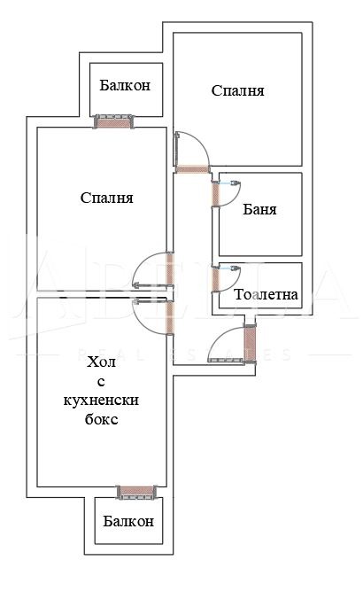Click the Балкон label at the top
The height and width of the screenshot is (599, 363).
[x=125, y=86]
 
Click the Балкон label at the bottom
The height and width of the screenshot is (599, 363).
[x=126, y=522]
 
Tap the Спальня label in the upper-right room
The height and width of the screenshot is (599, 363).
[x=238, y=90]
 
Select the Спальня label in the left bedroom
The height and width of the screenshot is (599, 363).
[x=105, y=198]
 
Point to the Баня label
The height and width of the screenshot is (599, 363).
[x=259, y=210]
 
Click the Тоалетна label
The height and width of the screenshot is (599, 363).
[x=266, y=294]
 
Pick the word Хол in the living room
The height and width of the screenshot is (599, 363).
[x=102, y=362]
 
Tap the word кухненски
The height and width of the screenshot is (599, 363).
[x=102, y=401]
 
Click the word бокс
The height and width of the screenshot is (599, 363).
[x=102, y=419]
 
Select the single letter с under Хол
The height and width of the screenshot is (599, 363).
[x=102, y=381]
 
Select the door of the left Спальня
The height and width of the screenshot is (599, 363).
[x=169, y=270]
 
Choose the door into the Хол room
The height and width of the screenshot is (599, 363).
[x=169, y=317]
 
